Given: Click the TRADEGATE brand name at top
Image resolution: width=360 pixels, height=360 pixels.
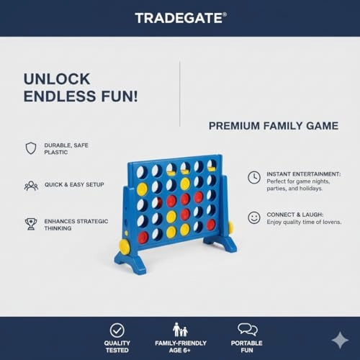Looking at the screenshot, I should point(180,17).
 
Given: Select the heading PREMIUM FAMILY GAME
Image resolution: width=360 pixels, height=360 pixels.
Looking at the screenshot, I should point(273,126).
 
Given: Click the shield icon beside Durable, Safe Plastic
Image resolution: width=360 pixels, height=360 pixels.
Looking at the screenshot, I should point(31,148).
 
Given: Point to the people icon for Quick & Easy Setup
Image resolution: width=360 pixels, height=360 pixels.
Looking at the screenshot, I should point(31,185).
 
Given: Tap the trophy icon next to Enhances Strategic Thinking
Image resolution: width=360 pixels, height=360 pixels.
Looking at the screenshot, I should point(31,224).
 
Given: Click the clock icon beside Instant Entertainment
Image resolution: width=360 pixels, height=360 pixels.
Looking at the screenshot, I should point(254,177).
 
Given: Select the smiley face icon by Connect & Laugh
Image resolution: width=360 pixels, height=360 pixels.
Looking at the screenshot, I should point(254,217).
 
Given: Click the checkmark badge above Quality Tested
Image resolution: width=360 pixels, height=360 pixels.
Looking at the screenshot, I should point(117,330).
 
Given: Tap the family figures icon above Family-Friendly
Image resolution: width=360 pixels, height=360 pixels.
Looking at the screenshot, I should point(180,330).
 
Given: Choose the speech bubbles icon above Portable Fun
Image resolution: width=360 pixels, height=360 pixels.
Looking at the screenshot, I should point(247,330).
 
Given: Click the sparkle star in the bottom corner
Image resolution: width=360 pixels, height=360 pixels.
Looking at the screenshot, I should point(339,340).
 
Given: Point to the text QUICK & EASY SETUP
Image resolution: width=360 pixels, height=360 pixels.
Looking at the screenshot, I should point(74,185).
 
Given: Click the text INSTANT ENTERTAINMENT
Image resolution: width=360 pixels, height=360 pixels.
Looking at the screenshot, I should point(303,174).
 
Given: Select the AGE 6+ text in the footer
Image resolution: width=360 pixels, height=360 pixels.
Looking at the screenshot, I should point(180,351).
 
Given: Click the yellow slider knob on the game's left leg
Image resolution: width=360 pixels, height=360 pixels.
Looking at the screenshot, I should point(125,246).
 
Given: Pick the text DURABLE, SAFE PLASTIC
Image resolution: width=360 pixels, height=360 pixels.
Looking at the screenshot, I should point(66,148).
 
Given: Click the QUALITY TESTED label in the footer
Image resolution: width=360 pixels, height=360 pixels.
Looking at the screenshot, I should point(117,347).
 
